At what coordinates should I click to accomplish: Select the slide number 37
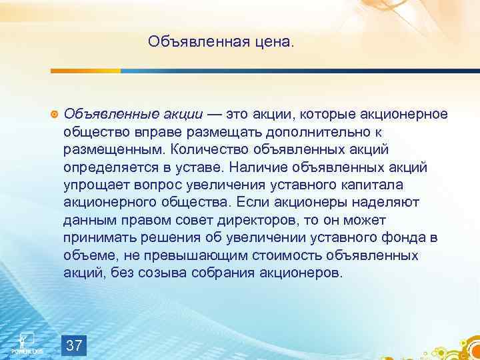(75, 345)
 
